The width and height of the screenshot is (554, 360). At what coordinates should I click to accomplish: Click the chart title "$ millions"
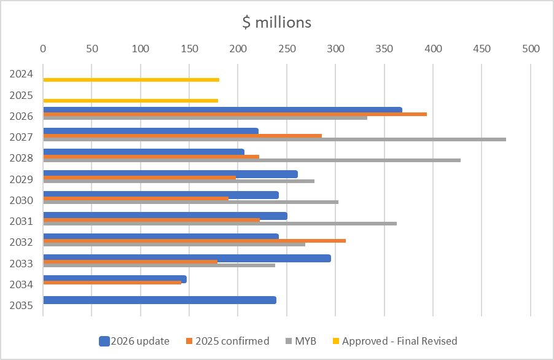coord(276,23)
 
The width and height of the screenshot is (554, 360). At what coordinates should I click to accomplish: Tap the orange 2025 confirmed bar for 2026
coord(235,114)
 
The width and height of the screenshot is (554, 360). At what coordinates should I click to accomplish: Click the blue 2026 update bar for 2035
coord(160,300)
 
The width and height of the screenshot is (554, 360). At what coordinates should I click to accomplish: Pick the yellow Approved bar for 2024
coord(131,80)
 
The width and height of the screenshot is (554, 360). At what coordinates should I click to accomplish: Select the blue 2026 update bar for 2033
coord(187,258)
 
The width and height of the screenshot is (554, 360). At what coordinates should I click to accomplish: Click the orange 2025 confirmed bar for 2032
coord(194,241)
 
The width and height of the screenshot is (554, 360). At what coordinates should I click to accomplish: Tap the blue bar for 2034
coord(114,279)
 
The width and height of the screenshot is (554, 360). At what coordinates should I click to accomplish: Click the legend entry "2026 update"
coord(134,341)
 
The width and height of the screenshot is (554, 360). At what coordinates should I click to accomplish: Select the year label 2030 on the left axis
coord(21,200)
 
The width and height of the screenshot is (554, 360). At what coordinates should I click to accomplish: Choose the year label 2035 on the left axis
coord(21,305)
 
